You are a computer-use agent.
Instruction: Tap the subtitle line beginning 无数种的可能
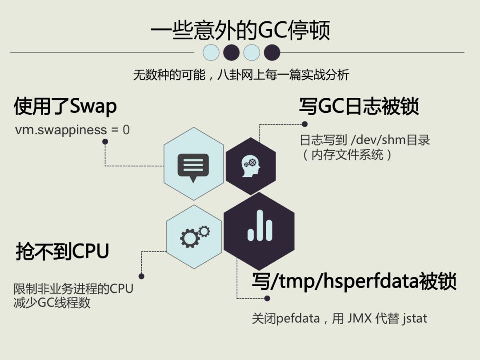[241, 75]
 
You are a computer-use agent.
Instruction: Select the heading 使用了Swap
[65, 106]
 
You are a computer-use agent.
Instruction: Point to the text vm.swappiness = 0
[72, 130]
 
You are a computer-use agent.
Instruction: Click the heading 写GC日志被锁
[359, 106]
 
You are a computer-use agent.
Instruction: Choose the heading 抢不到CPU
[62, 252]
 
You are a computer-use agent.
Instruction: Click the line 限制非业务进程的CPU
[73, 289]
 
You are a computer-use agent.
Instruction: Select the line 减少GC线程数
[52, 303]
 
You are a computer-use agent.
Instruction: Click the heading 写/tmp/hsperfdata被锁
[354, 281]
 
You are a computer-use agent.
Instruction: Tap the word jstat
[415, 319]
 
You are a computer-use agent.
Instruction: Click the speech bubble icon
[193, 167]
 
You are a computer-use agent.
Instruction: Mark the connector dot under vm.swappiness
[105, 142]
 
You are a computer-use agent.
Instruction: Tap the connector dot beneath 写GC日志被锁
[304, 124]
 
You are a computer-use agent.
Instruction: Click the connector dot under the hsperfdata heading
[267, 298]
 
